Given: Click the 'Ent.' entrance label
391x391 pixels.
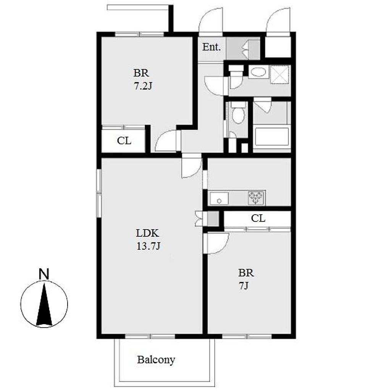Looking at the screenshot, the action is (212, 47).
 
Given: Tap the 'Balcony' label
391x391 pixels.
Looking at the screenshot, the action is (156, 360).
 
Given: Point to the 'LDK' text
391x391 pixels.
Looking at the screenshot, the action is (147, 233).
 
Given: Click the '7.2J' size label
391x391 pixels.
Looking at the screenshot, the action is (143, 86).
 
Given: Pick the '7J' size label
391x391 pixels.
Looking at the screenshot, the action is (243, 286).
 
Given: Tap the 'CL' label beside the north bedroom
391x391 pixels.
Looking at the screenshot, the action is (124, 141).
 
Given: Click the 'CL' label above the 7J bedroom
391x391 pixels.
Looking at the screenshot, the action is (258, 218).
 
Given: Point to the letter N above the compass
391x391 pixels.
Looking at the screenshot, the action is (44, 274).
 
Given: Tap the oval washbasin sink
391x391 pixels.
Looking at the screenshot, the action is (259, 72).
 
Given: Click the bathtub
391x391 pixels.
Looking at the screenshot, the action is (271, 137).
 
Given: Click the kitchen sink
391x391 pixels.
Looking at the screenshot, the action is (219, 199).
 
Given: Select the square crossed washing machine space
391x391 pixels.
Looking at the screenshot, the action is (280, 74).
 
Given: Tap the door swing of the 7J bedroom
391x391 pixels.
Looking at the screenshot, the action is (216, 243).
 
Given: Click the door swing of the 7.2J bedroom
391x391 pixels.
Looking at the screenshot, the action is (166, 141).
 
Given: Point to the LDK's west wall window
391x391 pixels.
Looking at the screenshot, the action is (99, 193).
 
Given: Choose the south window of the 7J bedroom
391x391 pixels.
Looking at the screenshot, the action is (247, 336).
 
